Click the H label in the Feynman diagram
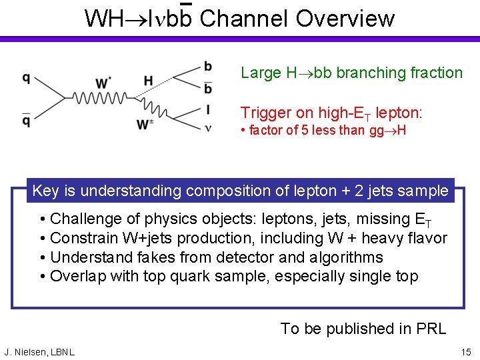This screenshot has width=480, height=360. coord(148,81)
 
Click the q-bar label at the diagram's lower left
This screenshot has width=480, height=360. coord(26,120)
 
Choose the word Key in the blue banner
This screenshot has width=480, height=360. coord(45,191)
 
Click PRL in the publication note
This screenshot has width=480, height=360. coord(431,329)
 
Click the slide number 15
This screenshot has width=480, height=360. coord(465,351)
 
